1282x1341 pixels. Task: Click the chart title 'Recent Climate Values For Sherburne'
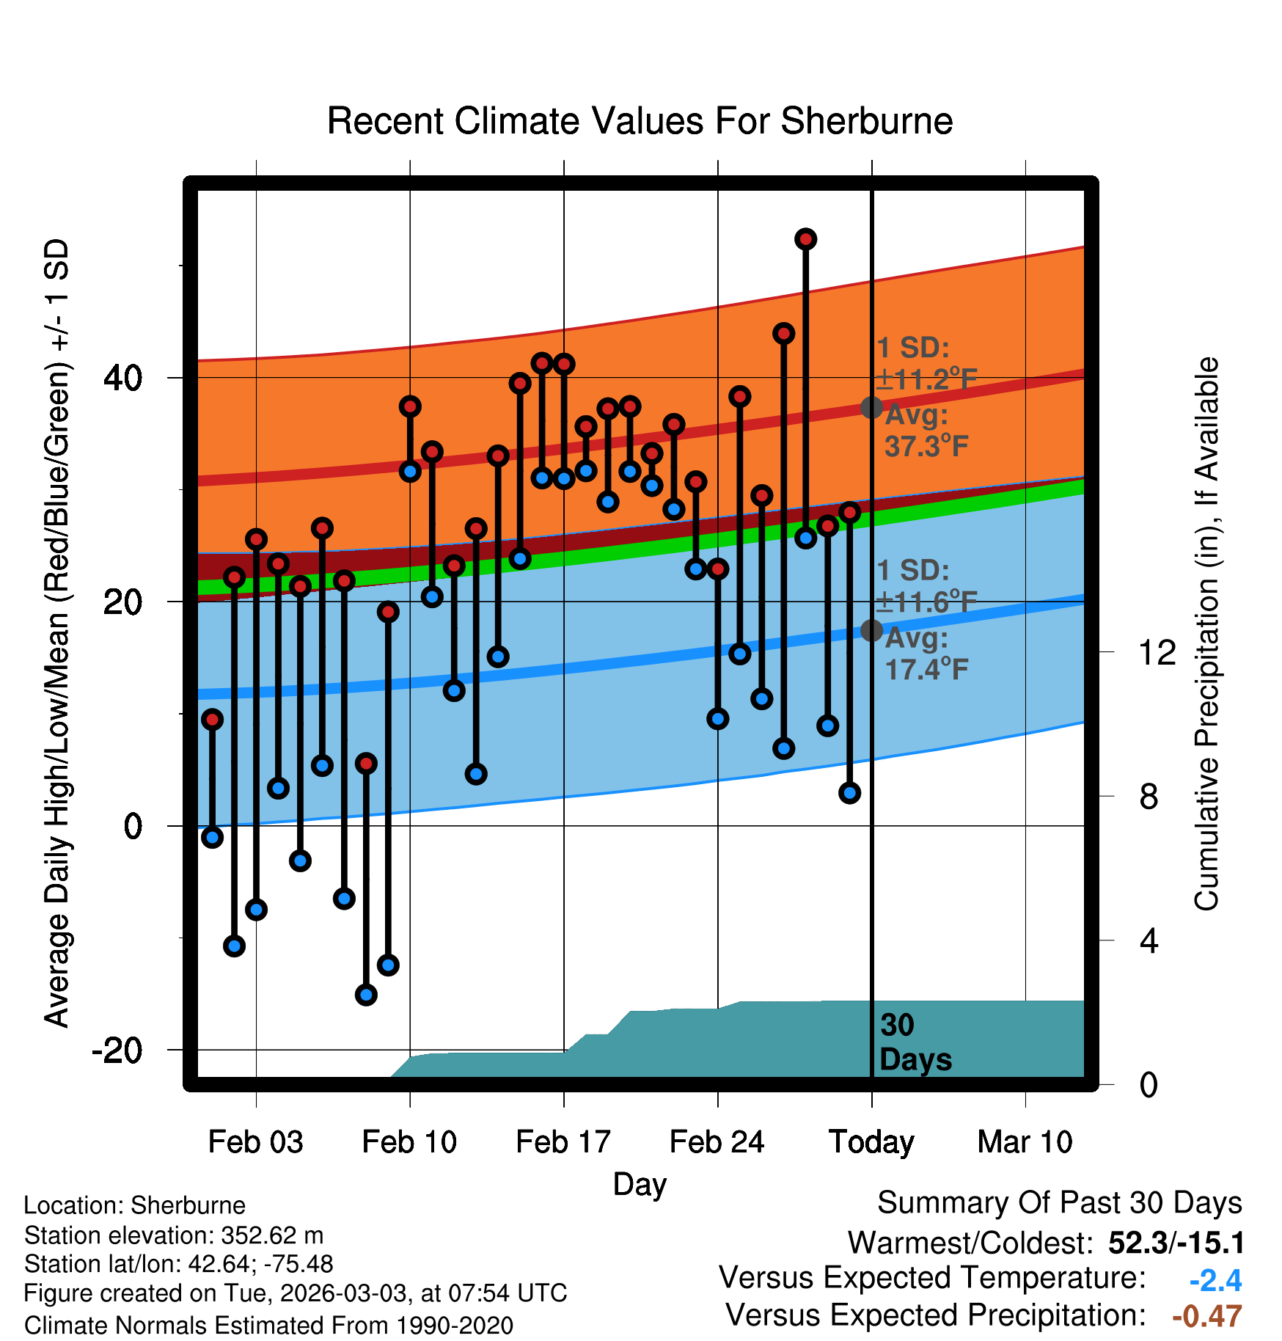pyautogui.click(x=640, y=121)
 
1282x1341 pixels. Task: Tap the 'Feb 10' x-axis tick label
pyautogui.click(x=409, y=1142)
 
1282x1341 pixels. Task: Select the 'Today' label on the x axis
pyautogui.click(x=871, y=1142)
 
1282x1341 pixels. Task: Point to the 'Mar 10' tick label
pyautogui.click(x=1025, y=1142)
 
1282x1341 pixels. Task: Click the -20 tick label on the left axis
pyautogui.click(x=117, y=1050)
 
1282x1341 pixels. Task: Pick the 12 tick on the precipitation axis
pyautogui.click(x=1157, y=652)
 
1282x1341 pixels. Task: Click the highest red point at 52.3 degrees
pyautogui.click(x=806, y=239)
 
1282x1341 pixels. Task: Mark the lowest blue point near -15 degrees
pyautogui.click(x=366, y=995)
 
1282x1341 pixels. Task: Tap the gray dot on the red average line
pyautogui.click(x=871, y=407)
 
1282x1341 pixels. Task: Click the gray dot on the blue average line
pyautogui.click(x=871, y=630)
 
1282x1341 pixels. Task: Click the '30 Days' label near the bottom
pyautogui.click(x=915, y=1042)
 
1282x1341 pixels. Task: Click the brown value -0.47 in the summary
pyautogui.click(x=1207, y=1316)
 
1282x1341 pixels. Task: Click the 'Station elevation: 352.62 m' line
pyautogui.click(x=174, y=1235)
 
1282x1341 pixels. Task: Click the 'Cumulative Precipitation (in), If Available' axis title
pyautogui.click(x=1206, y=634)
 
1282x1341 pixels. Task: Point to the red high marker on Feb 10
pyautogui.click(x=410, y=406)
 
